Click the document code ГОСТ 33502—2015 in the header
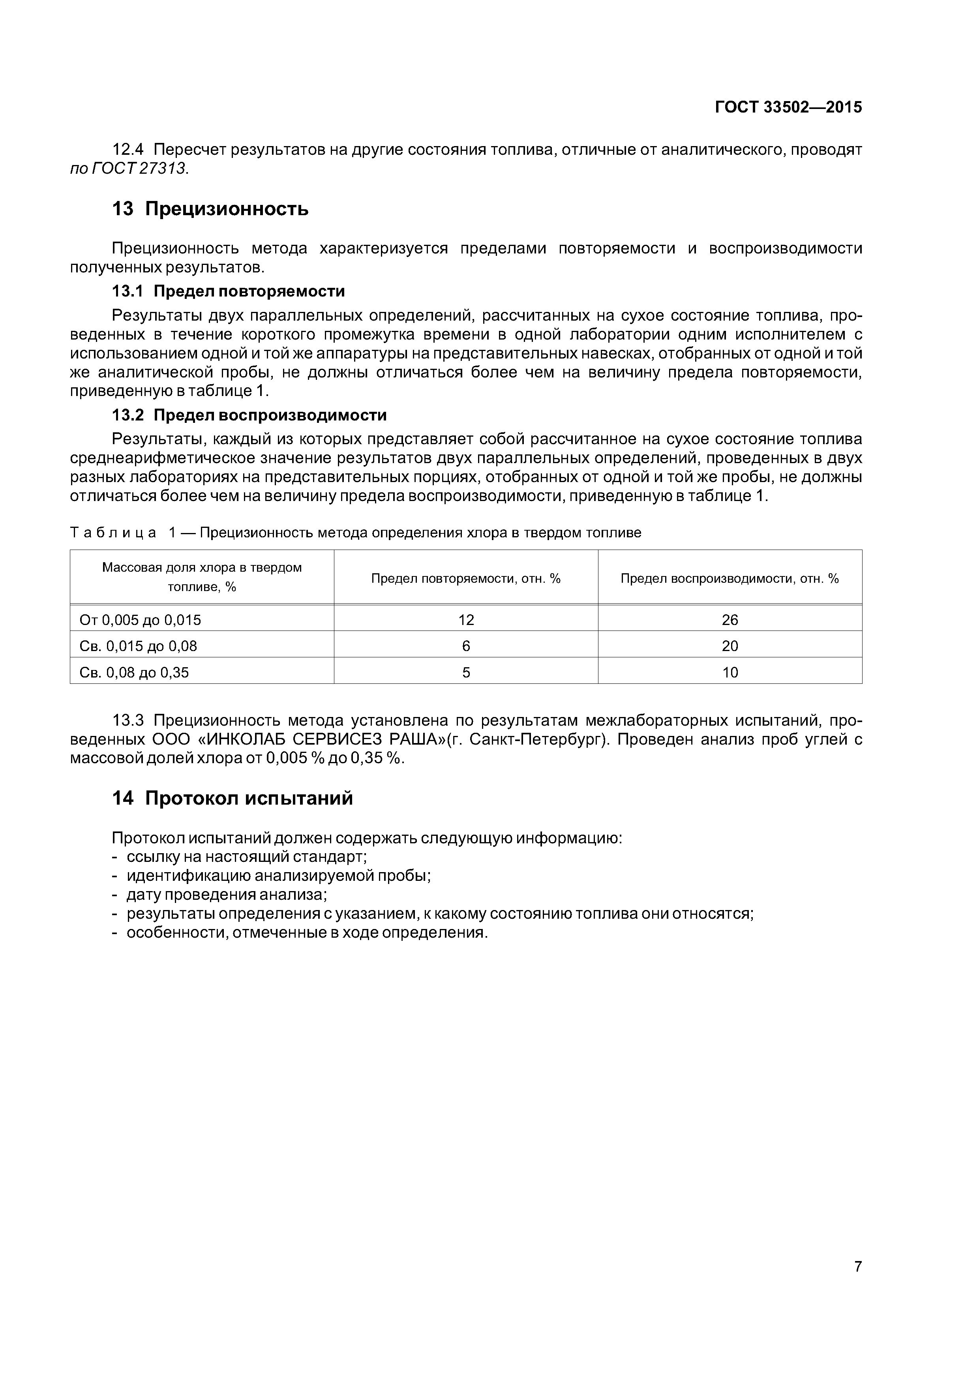(x=788, y=107)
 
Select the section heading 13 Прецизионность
(x=210, y=209)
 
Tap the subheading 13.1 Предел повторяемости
(x=229, y=291)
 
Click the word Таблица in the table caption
(x=113, y=533)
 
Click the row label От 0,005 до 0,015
(x=141, y=620)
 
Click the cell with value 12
(x=466, y=620)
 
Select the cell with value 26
(x=730, y=620)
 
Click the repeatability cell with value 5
(x=466, y=673)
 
